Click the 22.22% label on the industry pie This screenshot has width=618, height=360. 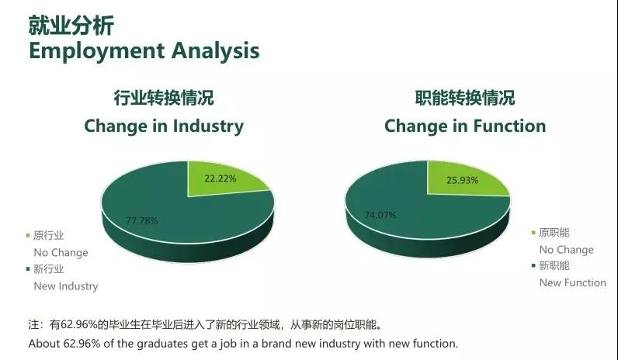pyautogui.click(x=220, y=178)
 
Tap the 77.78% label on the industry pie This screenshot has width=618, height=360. pyautogui.click(x=142, y=220)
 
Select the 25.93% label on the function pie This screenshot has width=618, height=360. pyautogui.click(x=462, y=181)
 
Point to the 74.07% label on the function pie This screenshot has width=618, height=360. pyautogui.click(x=380, y=215)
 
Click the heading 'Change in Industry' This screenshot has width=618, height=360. pyautogui.click(x=164, y=126)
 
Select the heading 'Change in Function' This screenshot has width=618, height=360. pyautogui.click(x=465, y=126)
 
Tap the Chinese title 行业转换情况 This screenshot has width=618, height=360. pyautogui.click(x=164, y=98)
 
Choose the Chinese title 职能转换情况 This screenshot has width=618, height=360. pyautogui.click(x=465, y=98)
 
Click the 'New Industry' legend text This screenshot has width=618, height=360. pyautogui.click(x=66, y=286)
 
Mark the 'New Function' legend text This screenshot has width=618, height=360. pyautogui.click(x=573, y=282)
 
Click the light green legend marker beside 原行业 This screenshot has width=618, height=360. pyautogui.click(x=28, y=236)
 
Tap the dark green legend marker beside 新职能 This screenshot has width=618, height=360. pyautogui.click(x=533, y=265)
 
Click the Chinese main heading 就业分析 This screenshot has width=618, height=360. pyautogui.click(x=71, y=26)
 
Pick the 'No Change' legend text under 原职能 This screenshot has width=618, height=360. pyautogui.click(x=566, y=250)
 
